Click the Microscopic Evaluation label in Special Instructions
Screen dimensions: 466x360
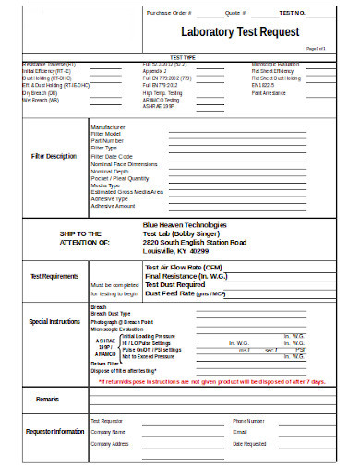[118, 329]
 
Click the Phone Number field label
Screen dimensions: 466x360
[250, 420]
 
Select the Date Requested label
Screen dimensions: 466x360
[251, 443]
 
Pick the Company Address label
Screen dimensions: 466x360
[110, 443]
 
